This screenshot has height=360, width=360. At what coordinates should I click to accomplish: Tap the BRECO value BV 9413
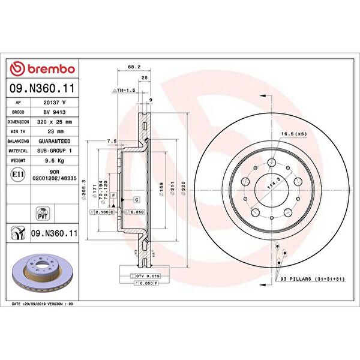(56, 112)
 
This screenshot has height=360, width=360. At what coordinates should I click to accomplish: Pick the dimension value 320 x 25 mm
(56, 122)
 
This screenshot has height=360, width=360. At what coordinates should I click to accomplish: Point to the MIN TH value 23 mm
(56, 131)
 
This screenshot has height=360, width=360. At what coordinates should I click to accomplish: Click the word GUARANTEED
(56, 141)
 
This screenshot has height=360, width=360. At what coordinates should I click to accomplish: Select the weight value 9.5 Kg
(56, 161)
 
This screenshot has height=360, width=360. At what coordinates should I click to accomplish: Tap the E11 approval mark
(17, 174)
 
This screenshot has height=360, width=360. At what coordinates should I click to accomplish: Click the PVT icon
(43, 214)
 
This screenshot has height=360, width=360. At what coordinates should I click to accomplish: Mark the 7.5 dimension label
(111, 141)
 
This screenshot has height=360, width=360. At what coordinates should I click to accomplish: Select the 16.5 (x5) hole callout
(293, 134)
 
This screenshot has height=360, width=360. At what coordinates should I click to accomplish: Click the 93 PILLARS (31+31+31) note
(312, 280)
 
